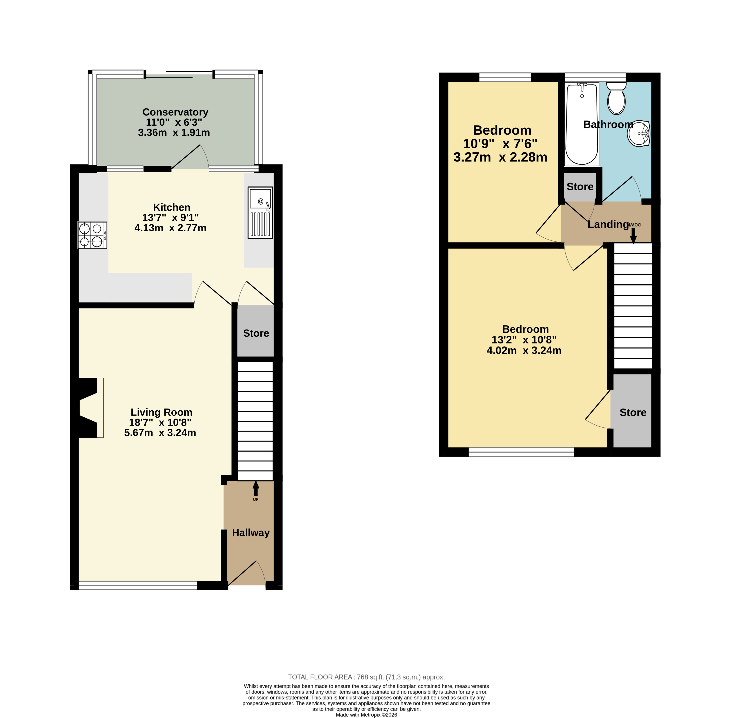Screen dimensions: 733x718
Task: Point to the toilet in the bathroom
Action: tap(616, 98)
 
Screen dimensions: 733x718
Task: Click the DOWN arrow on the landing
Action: tap(633, 235)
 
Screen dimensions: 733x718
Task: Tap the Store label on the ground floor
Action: tap(256, 333)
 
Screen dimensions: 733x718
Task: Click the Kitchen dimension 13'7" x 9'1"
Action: tap(171, 218)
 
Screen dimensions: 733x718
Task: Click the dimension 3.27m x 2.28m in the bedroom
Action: tap(500, 157)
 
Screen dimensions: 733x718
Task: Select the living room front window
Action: tap(138, 585)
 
